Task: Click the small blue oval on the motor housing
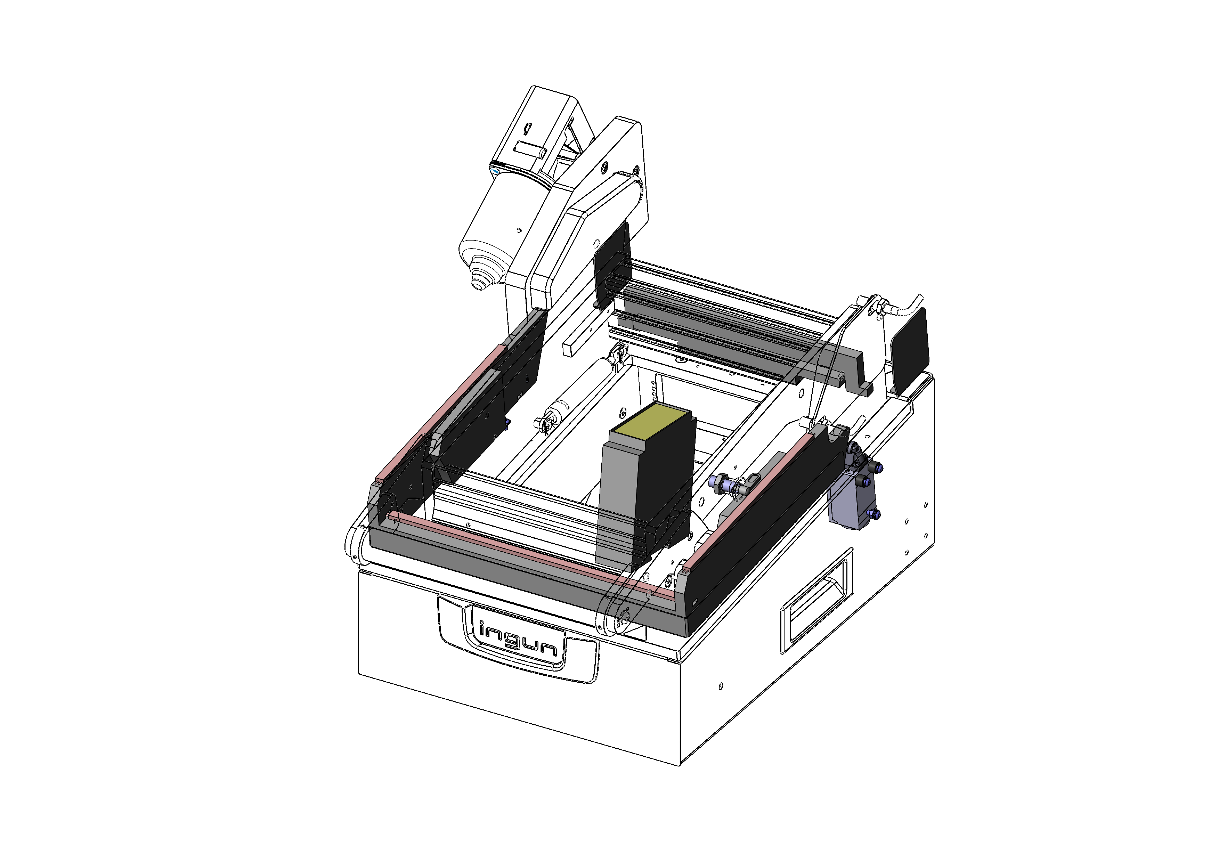click(496, 171)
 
